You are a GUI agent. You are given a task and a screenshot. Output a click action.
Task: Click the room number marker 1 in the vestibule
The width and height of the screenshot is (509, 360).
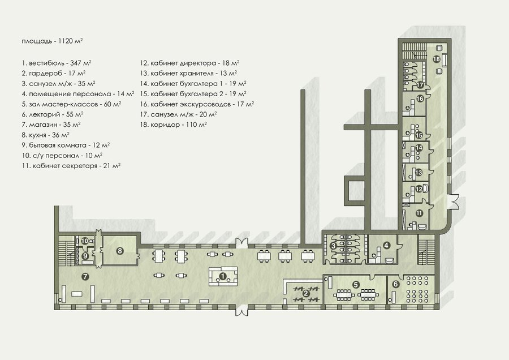[x=223, y=276]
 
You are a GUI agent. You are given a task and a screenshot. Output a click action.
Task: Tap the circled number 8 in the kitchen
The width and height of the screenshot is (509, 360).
[x=120, y=251]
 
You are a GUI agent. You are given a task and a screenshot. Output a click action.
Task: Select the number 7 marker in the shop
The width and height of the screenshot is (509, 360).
[x=85, y=276]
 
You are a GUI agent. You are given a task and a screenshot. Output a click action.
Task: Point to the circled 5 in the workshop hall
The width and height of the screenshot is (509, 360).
[x=356, y=285]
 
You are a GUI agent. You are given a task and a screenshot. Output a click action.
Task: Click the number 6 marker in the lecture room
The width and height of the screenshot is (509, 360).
[x=395, y=284]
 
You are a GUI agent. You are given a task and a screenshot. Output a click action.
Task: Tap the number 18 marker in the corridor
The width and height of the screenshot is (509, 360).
[x=436, y=59]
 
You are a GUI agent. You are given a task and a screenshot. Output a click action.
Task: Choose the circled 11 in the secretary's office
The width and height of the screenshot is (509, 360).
[x=419, y=213]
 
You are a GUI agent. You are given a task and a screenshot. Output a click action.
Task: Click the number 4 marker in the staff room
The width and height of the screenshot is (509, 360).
[x=386, y=245]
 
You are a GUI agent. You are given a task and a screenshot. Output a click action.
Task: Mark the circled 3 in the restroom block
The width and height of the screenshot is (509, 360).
[x=333, y=246]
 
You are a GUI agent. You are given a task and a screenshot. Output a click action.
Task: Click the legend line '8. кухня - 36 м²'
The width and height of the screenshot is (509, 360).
[x=46, y=135]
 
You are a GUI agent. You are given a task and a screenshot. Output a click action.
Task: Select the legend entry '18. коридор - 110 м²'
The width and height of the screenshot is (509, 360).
[x=174, y=125]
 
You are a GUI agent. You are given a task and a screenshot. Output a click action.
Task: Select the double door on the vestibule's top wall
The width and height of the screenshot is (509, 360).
[x=241, y=243]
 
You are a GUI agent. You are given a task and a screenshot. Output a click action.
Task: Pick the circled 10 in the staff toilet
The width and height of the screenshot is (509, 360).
[x=85, y=241]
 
